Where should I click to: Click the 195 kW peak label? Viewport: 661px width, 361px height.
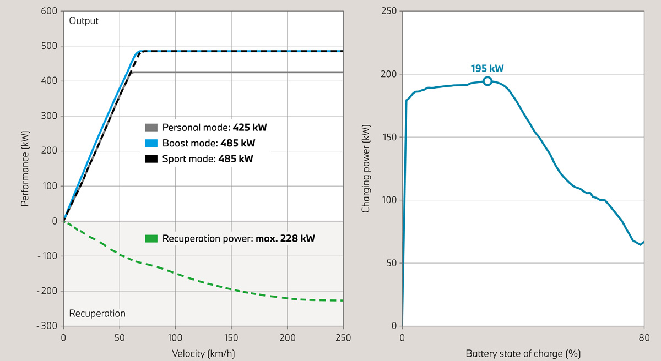[x=487, y=69]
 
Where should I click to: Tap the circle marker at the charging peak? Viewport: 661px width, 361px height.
[x=487, y=81]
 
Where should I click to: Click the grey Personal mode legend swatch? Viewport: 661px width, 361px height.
[x=151, y=128]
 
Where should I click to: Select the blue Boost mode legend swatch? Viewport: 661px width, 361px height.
[x=151, y=144]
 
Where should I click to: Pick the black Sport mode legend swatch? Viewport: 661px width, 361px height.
[x=151, y=160]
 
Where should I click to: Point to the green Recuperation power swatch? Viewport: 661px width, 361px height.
[x=151, y=239]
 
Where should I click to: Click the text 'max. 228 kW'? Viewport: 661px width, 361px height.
[x=285, y=239]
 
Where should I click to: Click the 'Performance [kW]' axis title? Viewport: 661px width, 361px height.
[x=25, y=168]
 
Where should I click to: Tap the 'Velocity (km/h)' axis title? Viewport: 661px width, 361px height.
[x=203, y=352]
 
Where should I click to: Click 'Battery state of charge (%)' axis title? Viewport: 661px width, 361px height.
[x=523, y=352]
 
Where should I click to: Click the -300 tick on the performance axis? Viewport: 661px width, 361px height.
[x=46, y=326]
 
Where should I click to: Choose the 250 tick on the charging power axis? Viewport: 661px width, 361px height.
[x=389, y=11]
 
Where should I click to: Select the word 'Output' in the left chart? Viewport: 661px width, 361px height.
[x=84, y=21]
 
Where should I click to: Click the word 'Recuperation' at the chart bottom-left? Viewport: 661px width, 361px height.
[x=97, y=314]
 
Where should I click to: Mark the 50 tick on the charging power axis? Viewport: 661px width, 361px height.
[x=391, y=263]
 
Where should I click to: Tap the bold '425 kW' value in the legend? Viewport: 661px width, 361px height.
[x=250, y=128]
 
